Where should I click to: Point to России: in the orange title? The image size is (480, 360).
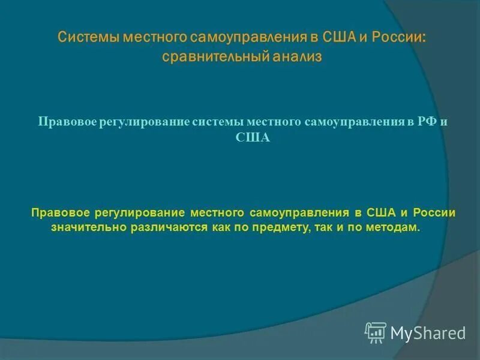(x=400, y=37)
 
